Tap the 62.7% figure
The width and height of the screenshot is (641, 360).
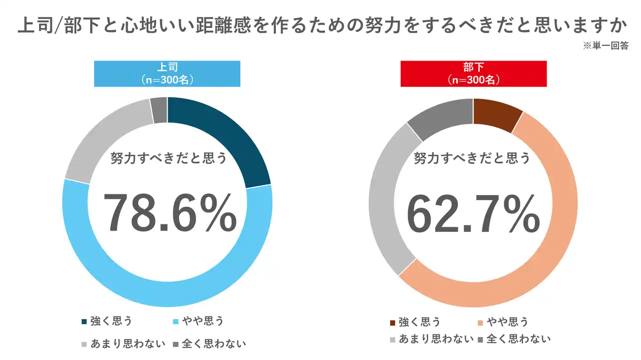tap(473, 213)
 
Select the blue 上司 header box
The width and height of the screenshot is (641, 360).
tap(167, 74)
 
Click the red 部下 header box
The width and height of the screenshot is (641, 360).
tap(473, 74)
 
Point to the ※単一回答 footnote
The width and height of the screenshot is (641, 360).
tap(605, 45)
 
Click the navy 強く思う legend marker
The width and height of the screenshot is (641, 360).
tap(84, 321)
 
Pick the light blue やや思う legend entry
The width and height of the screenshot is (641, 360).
tap(197, 321)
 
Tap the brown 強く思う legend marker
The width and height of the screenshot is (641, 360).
tap(393, 322)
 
